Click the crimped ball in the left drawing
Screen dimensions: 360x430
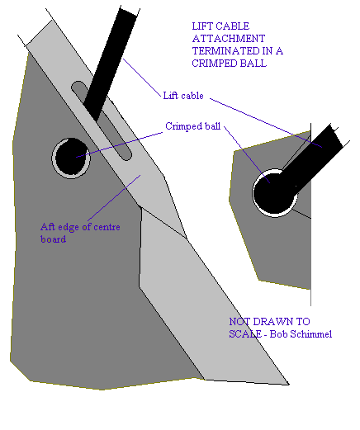coord(71,158)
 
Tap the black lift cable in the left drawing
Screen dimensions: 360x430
coord(110,64)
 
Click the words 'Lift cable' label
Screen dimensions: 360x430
coord(183,96)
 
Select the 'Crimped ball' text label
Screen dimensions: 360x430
coord(192,126)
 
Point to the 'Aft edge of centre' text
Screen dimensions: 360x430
coord(80,227)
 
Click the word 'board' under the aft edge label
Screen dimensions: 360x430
coord(53,239)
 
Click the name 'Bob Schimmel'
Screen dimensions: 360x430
coord(301,334)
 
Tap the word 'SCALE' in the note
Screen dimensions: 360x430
coord(245,334)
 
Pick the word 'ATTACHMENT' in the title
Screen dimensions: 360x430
coord(229,39)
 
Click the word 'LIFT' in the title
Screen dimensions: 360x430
coord(201,26)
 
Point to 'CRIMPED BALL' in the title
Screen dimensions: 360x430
coord(229,64)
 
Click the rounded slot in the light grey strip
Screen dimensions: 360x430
coord(102,120)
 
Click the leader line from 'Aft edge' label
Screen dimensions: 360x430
coord(114,197)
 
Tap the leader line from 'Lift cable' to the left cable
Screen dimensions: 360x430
coord(142,78)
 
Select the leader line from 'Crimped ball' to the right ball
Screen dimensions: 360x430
coord(247,154)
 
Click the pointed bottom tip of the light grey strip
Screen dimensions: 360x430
coord(288,384)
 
